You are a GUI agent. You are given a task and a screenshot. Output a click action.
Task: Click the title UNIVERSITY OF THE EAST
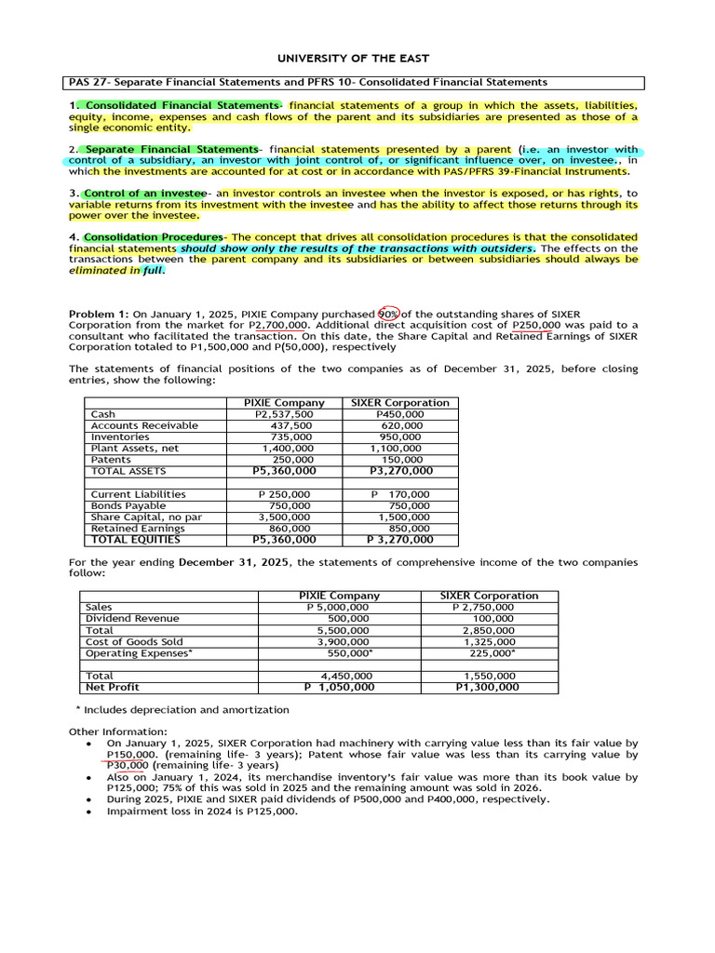pyautogui.click(x=357, y=58)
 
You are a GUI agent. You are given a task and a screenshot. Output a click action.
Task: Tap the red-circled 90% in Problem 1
pyautogui.click(x=389, y=314)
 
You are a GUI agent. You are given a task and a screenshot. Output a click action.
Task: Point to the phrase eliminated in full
pyautogui.click(x=116, y=271)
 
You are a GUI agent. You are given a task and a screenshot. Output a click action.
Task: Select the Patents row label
pyautogui.click(x=111, y=460)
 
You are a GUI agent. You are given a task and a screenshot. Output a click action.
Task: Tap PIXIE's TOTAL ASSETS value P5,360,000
pyautogui.click(x=284, y=471)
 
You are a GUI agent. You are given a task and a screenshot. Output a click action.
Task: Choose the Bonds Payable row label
pyautogui.click(x=128, y=505)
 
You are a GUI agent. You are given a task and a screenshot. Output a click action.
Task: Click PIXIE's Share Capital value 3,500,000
pyautogui.click(x=285, y=517)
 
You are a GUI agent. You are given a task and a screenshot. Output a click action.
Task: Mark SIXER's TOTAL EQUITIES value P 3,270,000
pyautogui.click(x=400, y=539)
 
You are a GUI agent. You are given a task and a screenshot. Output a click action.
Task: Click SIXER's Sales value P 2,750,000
pyautogui.click(x=482, y=607)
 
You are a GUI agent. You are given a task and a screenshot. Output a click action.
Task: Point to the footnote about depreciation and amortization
pyautogui.click(x=187, y=709)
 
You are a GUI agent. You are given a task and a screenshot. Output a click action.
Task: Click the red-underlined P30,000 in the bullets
pyautogui.click(x=128, y=766)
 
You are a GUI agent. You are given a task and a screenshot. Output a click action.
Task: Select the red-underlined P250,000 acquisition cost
pyautogui.click(x=536, y=325)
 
